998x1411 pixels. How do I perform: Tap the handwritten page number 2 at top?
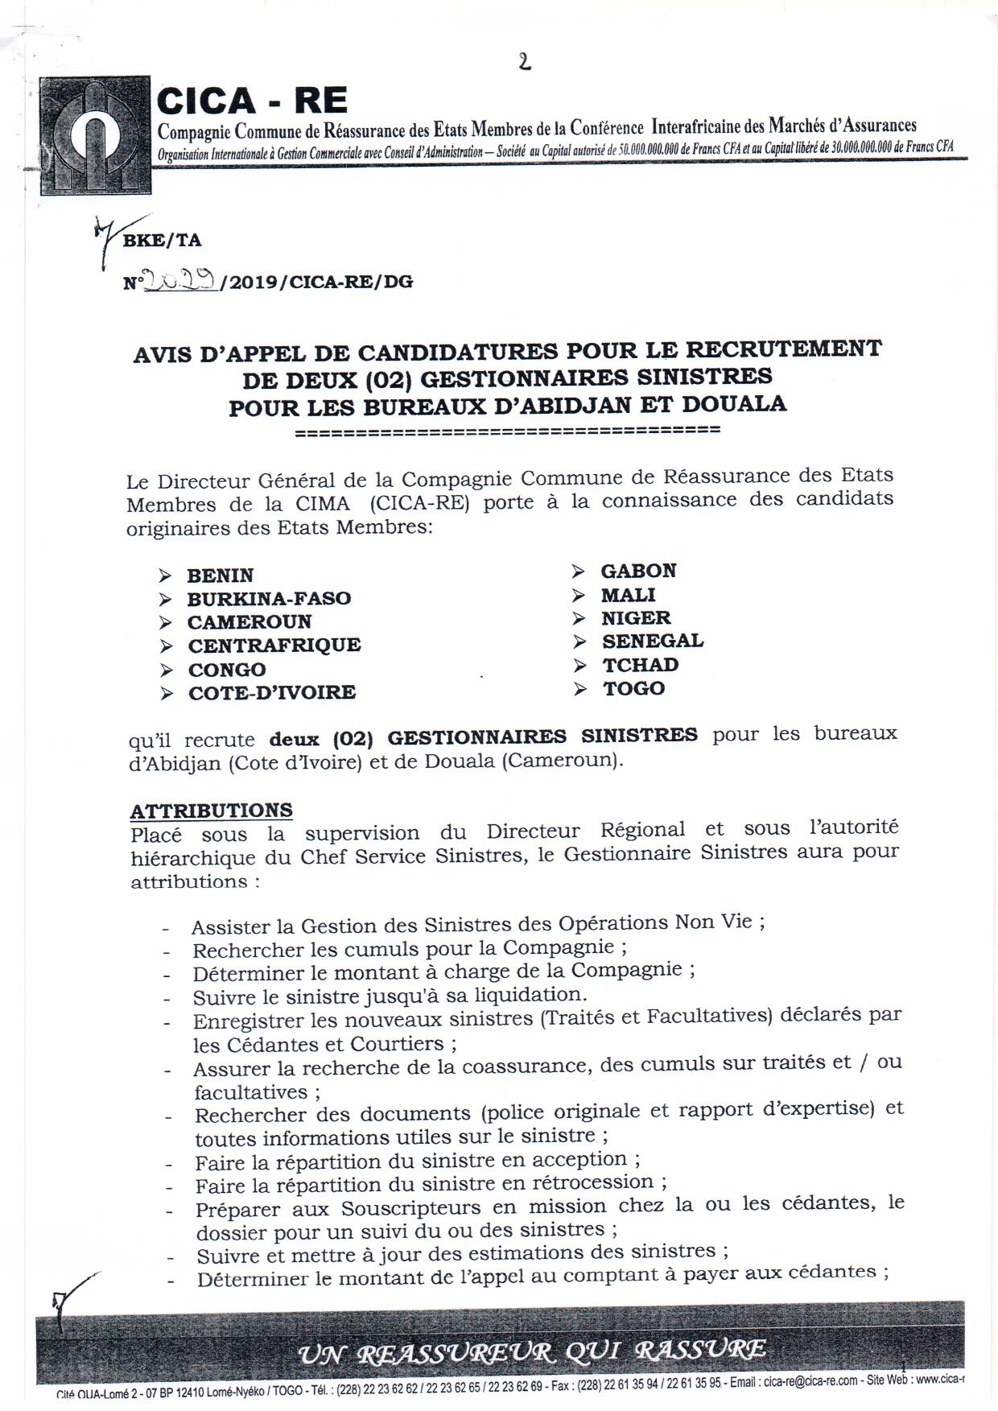point(525,62)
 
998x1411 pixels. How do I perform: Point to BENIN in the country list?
point(220,576)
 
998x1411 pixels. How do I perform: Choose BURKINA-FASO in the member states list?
point(269,599)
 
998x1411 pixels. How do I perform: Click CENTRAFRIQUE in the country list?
point(274,646)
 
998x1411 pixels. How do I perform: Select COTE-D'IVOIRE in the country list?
point(271,692)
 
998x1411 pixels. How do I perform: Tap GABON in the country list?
point(638,571)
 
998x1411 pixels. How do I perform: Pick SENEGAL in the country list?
point(652,641)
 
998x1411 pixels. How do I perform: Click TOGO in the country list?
point(634,688)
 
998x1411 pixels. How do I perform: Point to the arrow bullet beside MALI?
point(579,596)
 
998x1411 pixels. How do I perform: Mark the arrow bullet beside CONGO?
point(167,670)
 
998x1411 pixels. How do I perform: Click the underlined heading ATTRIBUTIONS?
point(212,810)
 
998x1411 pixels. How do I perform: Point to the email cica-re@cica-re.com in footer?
point(810,1381)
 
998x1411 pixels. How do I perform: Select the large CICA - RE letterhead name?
point(252,101)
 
